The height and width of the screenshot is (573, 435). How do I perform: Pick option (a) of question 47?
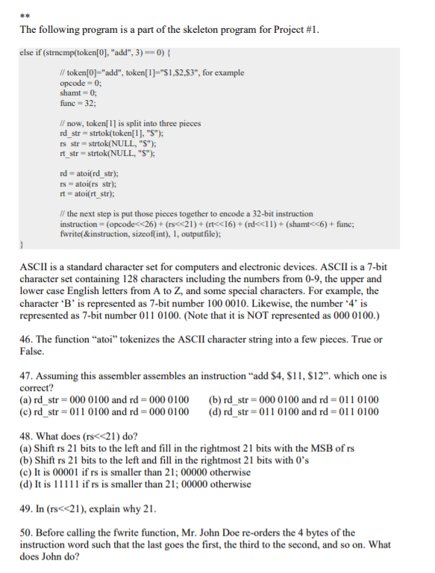[x=104, y=400]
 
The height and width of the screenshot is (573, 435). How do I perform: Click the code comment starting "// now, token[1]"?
[x=123, y=123]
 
